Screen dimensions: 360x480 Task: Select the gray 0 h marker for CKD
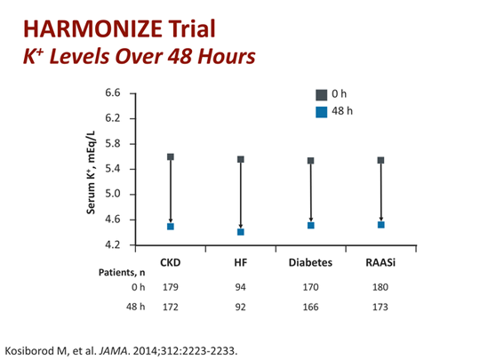171,156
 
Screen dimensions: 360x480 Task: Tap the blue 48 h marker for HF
240,232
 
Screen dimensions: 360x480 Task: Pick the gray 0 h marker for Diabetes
310,161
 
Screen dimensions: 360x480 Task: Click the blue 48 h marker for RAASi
380,225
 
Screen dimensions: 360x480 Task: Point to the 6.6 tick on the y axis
113,92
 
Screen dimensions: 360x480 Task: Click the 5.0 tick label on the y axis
113,194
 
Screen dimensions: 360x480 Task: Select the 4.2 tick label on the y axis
113,244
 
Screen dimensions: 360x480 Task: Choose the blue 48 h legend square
322,112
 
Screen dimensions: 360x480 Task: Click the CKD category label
171,262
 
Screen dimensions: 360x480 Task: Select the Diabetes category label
310,262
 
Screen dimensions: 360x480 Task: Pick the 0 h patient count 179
171,286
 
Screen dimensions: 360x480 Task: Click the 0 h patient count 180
380,286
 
